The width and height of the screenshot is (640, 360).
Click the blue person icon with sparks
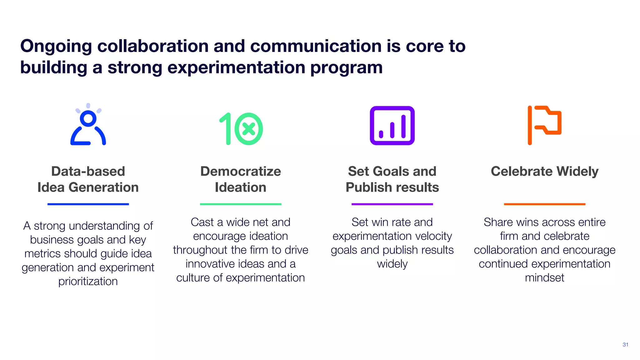(88, 125)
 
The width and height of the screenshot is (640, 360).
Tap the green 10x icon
(241, 129)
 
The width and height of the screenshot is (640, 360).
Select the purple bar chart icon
(392, 126)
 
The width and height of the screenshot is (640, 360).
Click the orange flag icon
(544, 125)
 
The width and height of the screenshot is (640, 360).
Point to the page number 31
(625, 345)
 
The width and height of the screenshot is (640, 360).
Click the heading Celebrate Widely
(544, 171)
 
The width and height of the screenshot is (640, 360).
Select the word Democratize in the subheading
(241, 171)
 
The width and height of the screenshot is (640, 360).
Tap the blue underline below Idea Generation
(88, 204)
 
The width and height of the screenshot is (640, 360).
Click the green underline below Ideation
(241, 204)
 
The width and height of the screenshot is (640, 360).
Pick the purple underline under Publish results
(392, 204)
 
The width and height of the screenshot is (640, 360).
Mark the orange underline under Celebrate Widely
(544, 204)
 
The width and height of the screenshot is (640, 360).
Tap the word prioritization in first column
(88, 281)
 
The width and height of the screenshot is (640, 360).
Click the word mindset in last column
(544, 277)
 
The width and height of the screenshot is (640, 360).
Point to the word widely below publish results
(392, 264)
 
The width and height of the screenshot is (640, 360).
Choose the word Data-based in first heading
(88, 171)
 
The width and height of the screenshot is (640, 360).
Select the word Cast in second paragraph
(202, 222)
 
